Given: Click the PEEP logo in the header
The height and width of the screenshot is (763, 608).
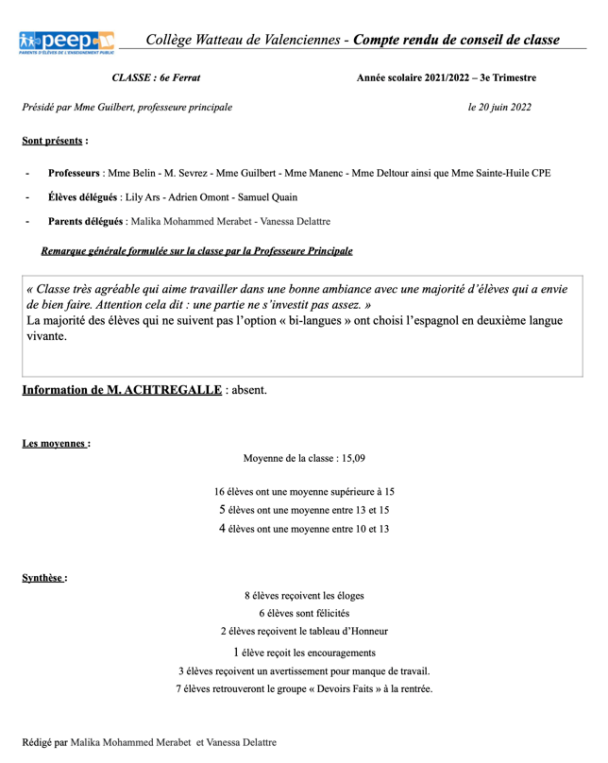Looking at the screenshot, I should coord(66,42).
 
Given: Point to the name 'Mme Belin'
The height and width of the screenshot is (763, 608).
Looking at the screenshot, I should coord(131,174).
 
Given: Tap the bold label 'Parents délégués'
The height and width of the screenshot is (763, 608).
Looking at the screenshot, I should coord(85,222).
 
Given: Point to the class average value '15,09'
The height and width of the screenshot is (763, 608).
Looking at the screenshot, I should coord(351,458).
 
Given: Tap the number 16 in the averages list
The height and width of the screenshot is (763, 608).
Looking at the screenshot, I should coord(219,492).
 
